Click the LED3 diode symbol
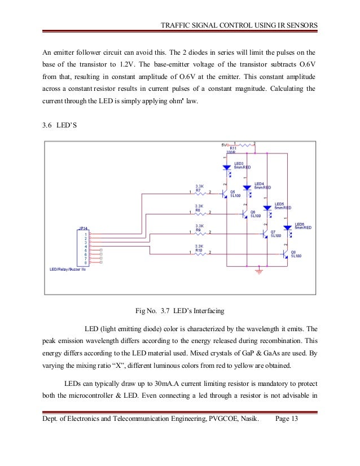pos(226,168)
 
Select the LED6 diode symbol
pos(287,228)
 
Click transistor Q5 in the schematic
pos(225,193)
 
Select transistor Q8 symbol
pos(285,253)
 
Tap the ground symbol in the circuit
pos(259,272)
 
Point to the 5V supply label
pos(225,144)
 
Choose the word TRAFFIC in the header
pos(177,25)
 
